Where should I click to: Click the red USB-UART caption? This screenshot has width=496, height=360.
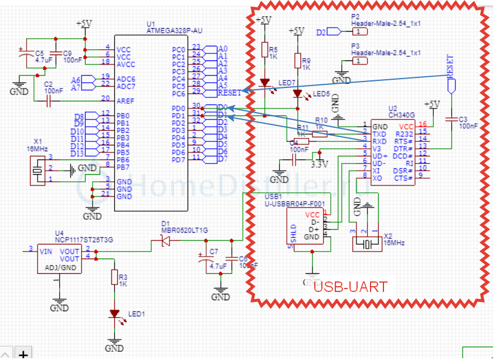pyautogui.click(x=351, y=287)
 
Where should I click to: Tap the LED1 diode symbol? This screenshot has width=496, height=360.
pyautogui.click(x=114, y=314)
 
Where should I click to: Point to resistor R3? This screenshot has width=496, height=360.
pyautogui.click(x=114, y=277)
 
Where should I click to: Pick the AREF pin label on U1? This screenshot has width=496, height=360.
pyautogui.click(x=125, y=100)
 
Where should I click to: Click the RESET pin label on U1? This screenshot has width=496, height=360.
pyautogui.click(x=229, y=93)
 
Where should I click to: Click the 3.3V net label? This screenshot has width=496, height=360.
pyautogui.click(x=318, y=165)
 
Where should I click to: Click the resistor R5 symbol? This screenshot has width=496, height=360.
pyautogui.click(x=264, y=50)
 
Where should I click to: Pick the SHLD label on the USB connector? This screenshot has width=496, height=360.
pyautogui.click(x=293, y=232)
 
